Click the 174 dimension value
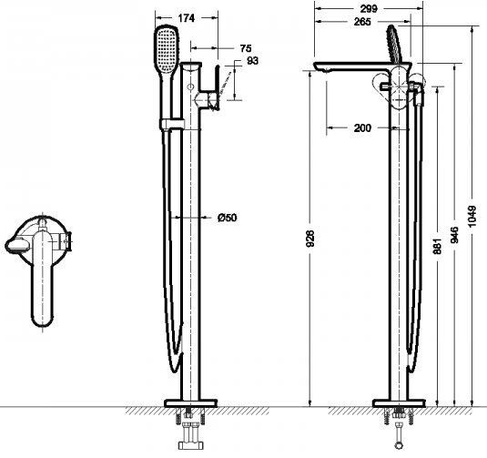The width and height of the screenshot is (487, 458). point(187,18)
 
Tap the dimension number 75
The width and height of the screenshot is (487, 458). point(246,48)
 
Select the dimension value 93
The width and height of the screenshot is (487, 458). point(252,61)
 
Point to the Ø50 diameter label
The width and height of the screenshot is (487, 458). point(228,218)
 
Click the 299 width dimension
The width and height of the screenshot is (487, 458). point(369,9)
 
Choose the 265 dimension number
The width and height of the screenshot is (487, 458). point(362,22)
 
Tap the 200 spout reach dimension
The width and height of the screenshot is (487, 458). point(362,128)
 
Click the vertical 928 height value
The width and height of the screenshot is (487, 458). point(310,239)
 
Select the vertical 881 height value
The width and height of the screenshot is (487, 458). point(437,246)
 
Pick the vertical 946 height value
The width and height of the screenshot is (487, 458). point(454,235)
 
